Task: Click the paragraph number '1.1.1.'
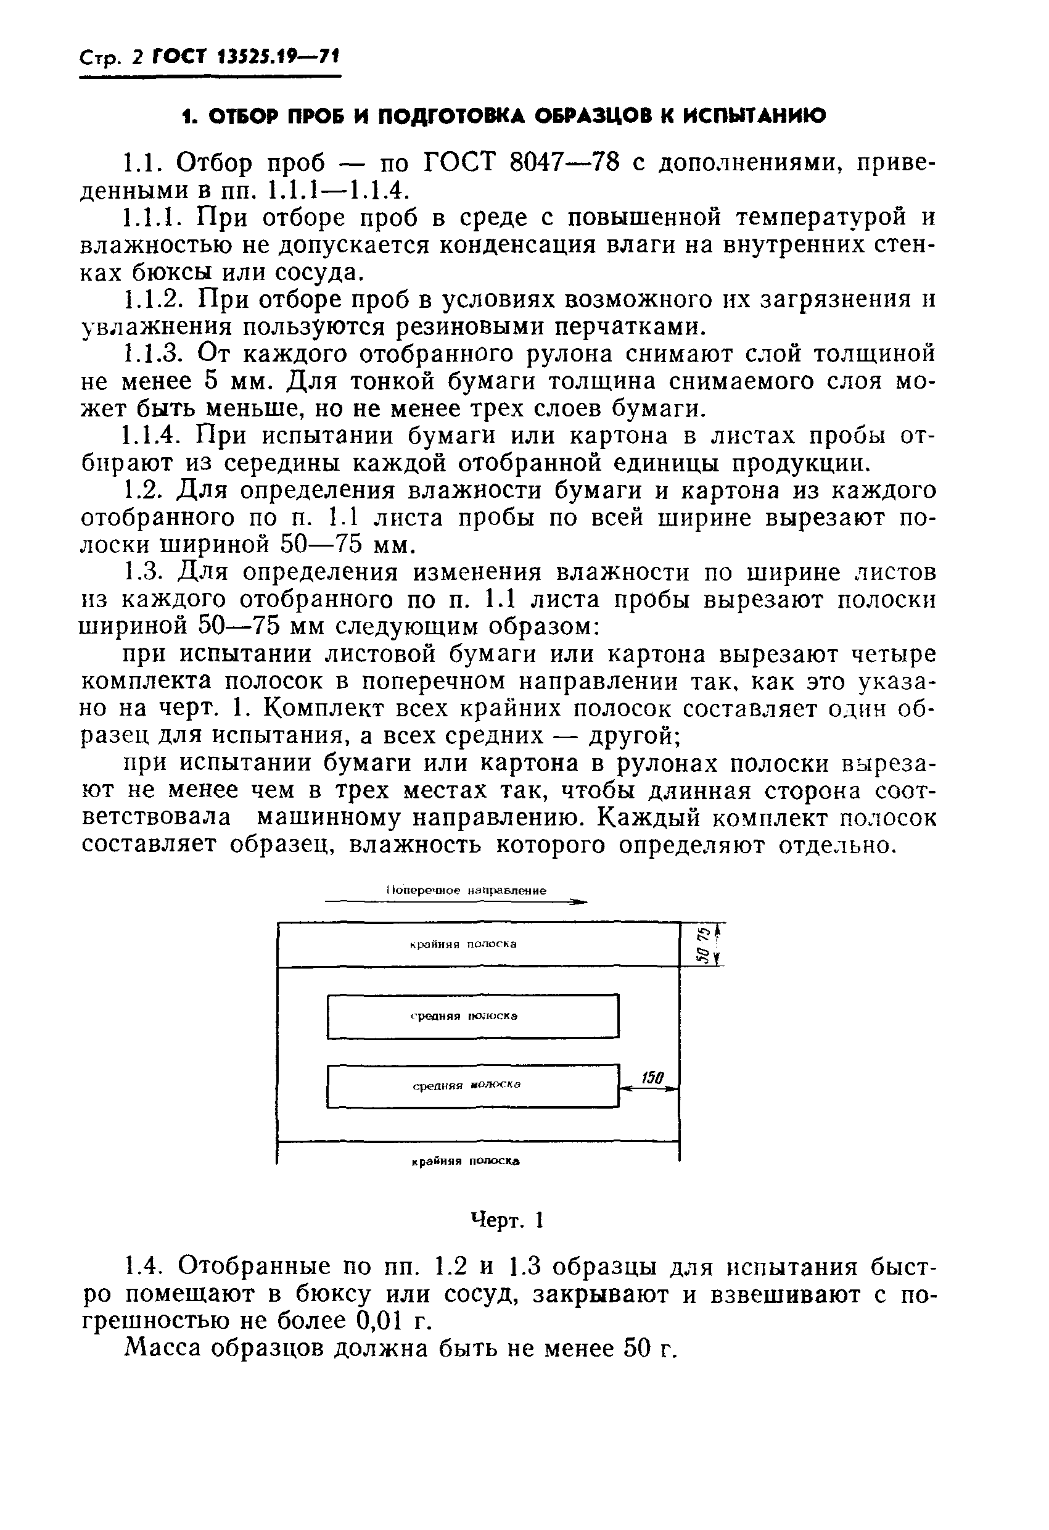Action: (x=155, y=218)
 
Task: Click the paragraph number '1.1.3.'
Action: (x=155, y=354)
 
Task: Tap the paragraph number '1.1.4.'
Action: (x=155, y=436)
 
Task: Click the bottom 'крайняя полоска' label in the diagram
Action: (x=466, y=1161)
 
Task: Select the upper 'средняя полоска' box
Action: (x=472, y=1016)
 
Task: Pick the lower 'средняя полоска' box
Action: (x=472, y=1086)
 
